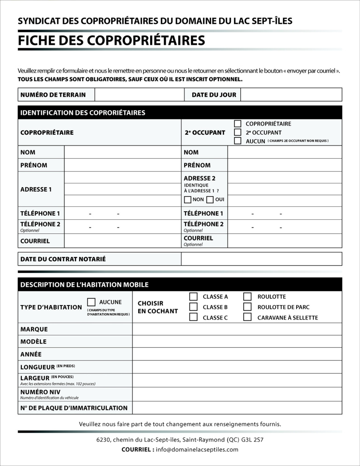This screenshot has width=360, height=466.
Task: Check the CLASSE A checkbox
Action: point(193,297)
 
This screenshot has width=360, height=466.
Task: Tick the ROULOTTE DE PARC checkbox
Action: point(248,307)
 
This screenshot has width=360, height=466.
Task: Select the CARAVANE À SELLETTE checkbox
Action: point(248,317)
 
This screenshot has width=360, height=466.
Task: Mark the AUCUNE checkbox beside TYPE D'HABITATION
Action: point(91,302)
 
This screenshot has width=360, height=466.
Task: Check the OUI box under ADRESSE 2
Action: point(210,199)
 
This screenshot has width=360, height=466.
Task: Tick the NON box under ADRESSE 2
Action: point(188,199)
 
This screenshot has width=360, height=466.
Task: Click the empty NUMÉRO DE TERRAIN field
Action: point(139,95)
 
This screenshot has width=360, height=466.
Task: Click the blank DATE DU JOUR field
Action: point(291,95)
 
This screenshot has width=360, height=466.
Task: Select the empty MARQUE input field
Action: point(237,329)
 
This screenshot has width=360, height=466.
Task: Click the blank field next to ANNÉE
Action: point(237,354)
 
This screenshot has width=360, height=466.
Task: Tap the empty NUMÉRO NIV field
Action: point(237,394)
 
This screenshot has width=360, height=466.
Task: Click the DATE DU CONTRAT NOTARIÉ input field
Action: point(261,259)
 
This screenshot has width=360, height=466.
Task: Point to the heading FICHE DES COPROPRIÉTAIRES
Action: point(111,40)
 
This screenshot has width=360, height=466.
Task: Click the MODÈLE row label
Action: point(34,342)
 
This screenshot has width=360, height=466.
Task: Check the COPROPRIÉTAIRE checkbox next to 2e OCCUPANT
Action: point(238,124)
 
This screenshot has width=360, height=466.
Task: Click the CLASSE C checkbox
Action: point(193,317)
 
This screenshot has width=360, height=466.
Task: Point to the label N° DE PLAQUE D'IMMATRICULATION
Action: point(74,408)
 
